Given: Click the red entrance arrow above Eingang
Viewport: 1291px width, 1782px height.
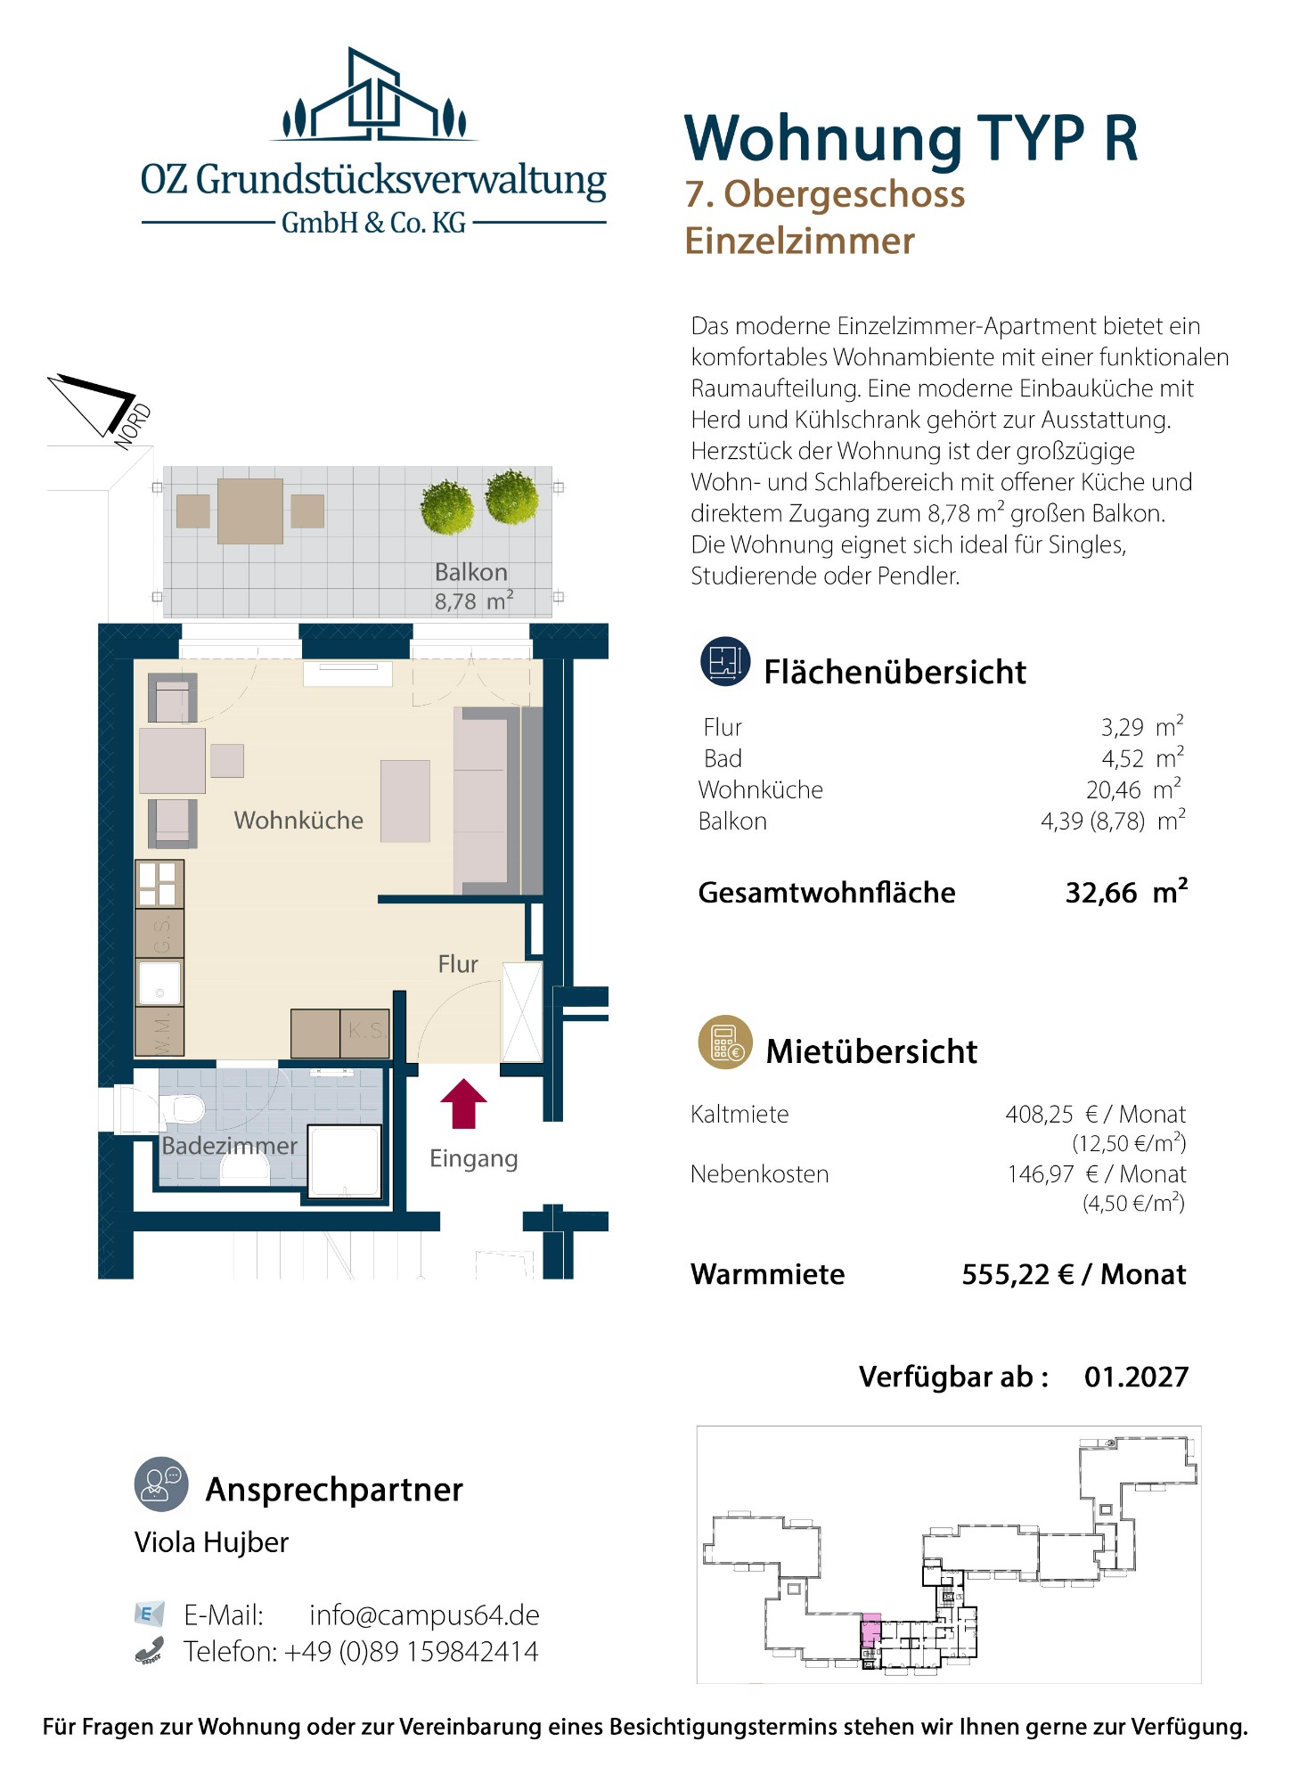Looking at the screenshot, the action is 463,1103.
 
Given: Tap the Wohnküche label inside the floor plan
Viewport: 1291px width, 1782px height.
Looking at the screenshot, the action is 298,820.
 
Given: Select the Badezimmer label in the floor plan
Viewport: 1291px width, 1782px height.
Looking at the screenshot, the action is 229,1146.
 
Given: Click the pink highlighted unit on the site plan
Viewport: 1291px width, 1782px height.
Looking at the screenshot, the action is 870,1630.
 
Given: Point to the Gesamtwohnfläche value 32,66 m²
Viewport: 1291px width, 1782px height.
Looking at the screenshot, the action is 1126,892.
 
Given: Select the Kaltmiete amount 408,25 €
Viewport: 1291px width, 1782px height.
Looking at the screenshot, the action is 1051,1114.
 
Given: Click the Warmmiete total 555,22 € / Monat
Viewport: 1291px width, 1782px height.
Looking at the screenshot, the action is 1074,1274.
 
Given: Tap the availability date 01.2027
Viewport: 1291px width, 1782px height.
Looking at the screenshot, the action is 1136,1377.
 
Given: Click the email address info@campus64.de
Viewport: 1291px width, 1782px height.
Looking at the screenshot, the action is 424,1614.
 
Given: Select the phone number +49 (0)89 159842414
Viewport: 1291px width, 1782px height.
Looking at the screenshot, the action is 412,1651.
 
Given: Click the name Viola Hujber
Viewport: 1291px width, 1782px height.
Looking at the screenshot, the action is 211,1541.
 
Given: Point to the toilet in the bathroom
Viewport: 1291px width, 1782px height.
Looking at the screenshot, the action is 184,1109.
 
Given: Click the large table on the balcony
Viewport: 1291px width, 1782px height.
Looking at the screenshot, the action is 250,511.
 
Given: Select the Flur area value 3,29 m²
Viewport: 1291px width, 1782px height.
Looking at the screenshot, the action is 1142,727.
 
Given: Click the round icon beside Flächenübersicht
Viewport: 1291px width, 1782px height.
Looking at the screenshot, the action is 725,661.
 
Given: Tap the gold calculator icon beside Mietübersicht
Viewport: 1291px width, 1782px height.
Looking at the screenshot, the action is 725,1042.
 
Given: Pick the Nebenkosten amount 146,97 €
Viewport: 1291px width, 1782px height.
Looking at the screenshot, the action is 1052,1173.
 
